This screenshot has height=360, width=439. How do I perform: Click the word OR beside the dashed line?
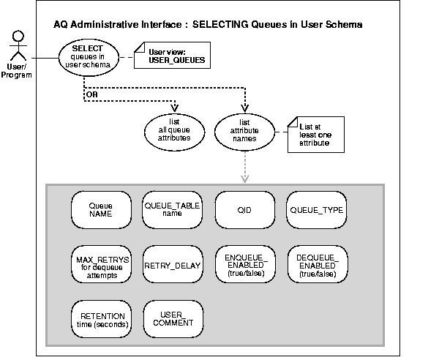click(91, 93)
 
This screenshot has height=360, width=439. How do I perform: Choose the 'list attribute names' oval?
click(241, 127)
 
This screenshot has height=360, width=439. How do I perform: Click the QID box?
click(242, 211)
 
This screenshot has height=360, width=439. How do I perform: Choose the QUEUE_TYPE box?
click(315, 211)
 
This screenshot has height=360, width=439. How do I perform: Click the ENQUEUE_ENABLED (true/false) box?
click(242, 263)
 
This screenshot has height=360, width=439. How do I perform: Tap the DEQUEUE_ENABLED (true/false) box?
click(315, 263)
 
